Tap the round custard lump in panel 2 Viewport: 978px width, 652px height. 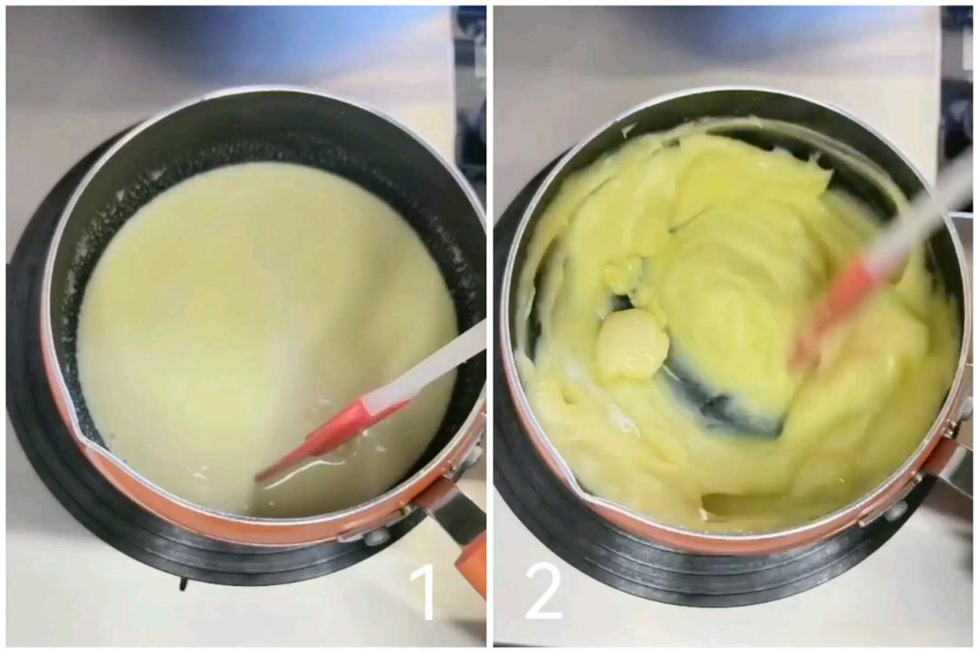632,344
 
